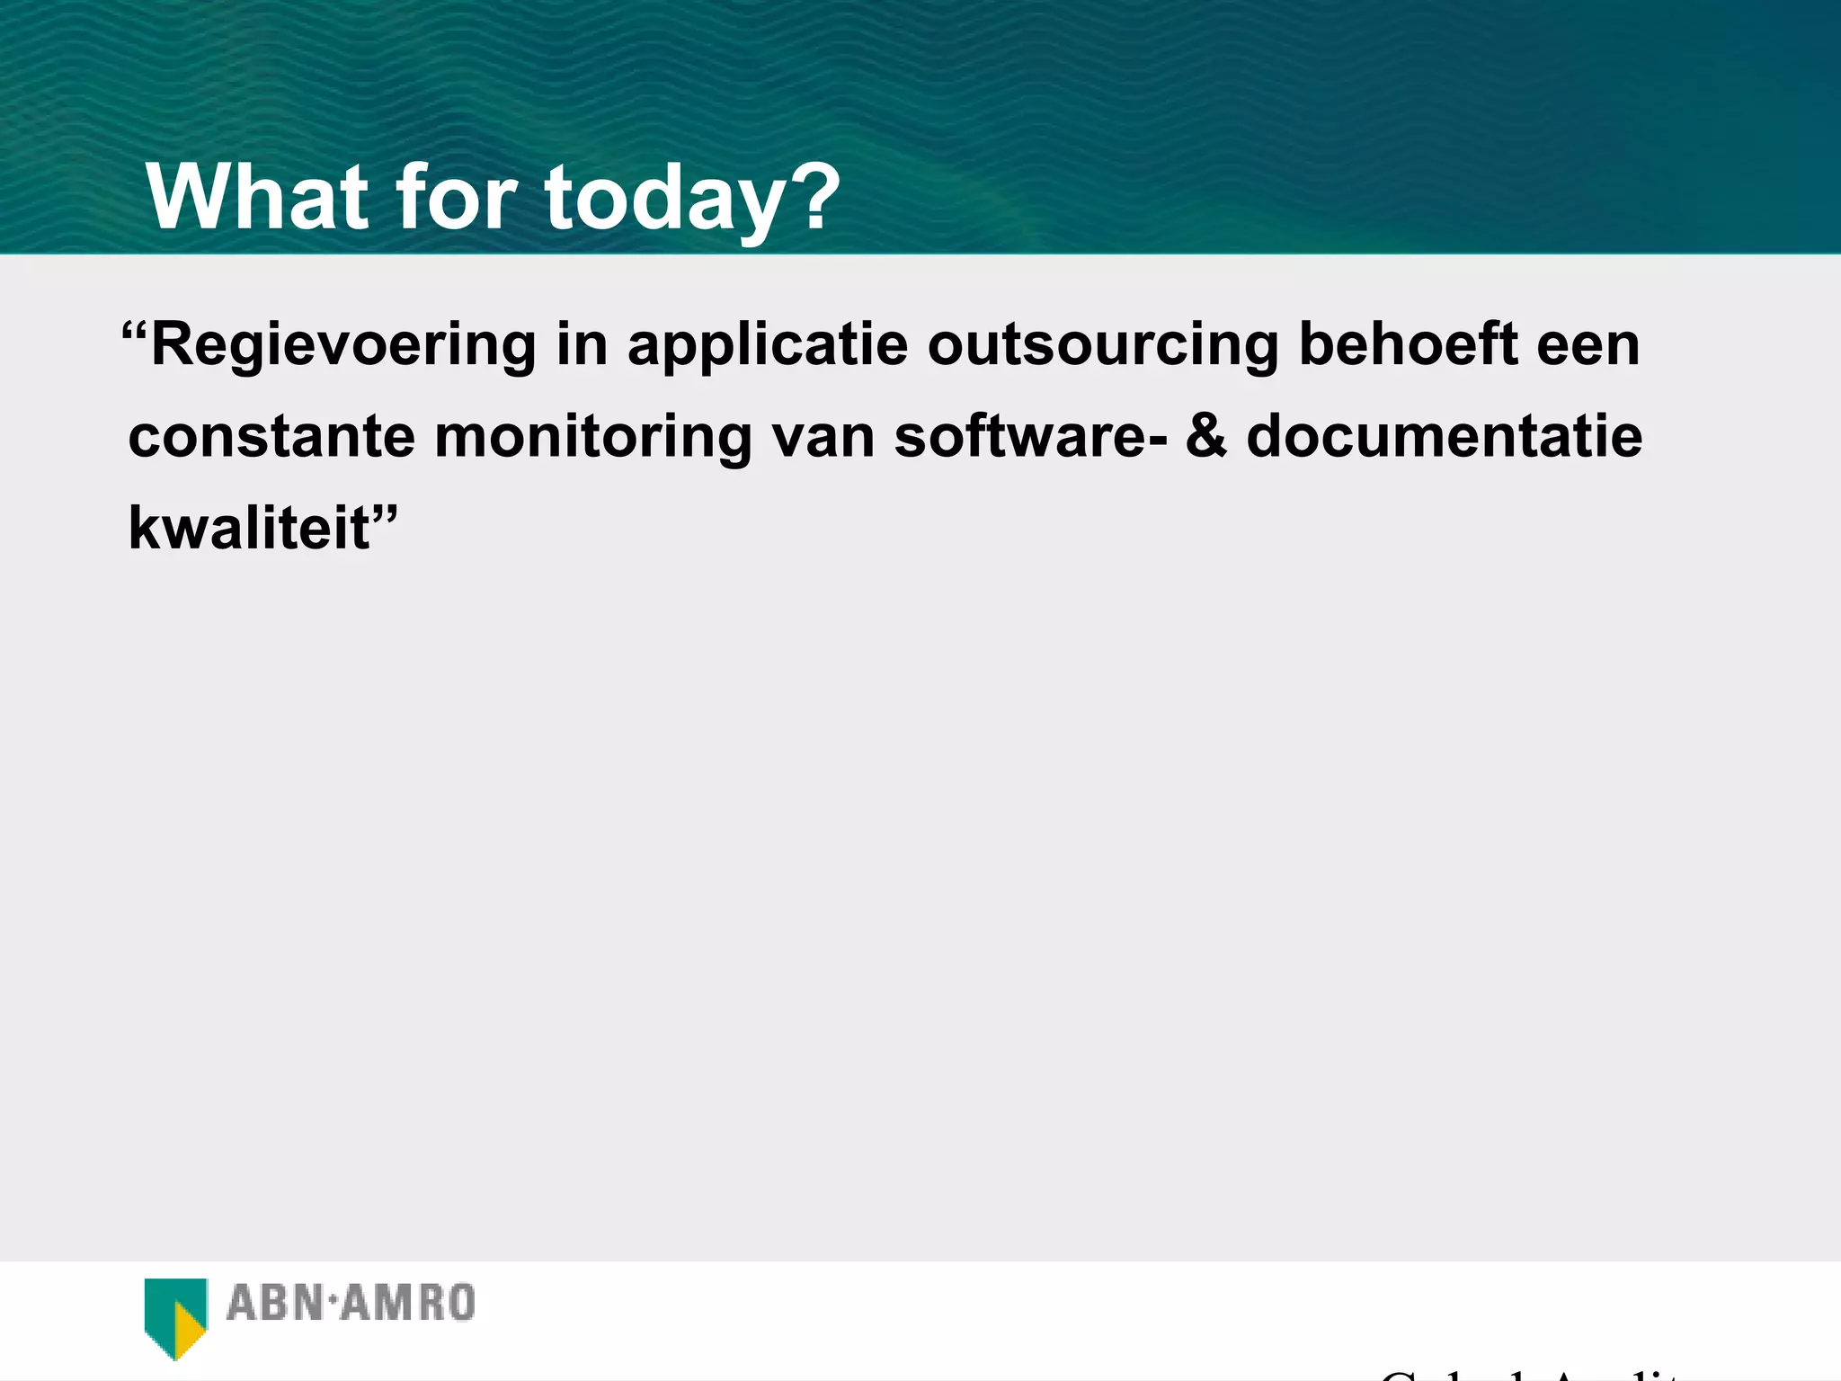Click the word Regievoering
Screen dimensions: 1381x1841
[343, 346]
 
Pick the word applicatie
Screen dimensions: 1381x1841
[768, 346]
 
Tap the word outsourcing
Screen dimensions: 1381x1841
[1103, 346]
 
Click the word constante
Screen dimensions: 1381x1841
[271, 437]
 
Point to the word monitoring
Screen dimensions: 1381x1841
[592, 438]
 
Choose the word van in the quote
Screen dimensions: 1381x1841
[823, 437]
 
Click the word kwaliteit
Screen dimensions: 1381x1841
[249, 528]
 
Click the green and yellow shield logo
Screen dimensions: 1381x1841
[176, 1316]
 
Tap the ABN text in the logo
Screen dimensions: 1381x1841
[273, 1304]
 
